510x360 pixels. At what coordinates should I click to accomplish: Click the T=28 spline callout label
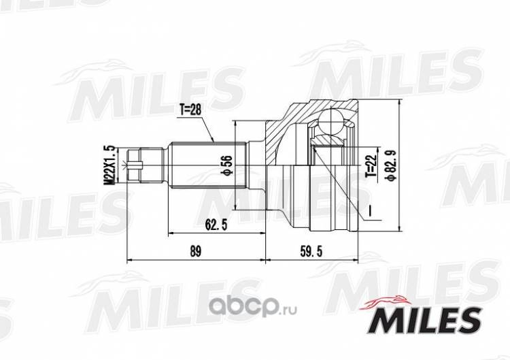(190, 110)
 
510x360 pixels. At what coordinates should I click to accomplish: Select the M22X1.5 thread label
(112, 166)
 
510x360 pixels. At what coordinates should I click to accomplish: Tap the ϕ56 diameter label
(227, 166)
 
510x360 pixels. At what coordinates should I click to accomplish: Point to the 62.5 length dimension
(216, 225)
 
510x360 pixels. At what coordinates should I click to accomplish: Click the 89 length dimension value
(195, 252)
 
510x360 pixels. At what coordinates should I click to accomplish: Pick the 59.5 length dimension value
(311, 252)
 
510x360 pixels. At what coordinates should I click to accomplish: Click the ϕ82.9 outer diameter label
(391, 165)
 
